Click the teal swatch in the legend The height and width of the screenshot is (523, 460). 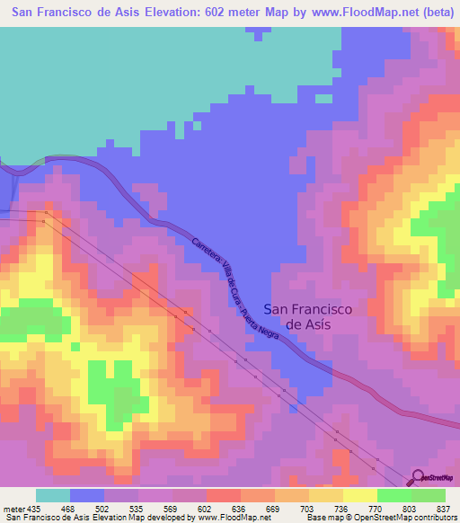pyautogui.click(x=53, y=495)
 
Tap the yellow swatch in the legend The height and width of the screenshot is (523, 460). pyautogui.click(x=359, y=495)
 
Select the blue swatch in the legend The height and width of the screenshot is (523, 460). pyautogui.click(x=87, y=495)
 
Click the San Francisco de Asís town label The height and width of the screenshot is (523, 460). pyautogui.click(x=308, y=315)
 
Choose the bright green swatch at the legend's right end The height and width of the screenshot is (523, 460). pyautogui.click(x=428, y=495)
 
